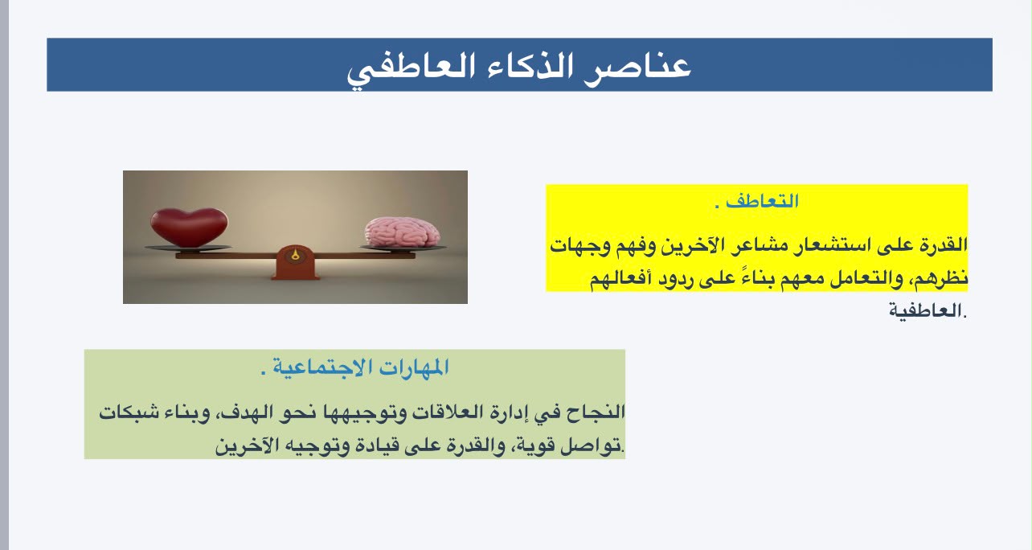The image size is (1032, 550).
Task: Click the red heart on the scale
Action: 189,227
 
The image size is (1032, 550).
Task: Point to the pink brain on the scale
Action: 402,232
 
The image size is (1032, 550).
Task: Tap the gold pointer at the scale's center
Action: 295,255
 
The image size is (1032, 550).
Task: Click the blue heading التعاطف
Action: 762,202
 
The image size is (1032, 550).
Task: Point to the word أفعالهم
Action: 619,278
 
